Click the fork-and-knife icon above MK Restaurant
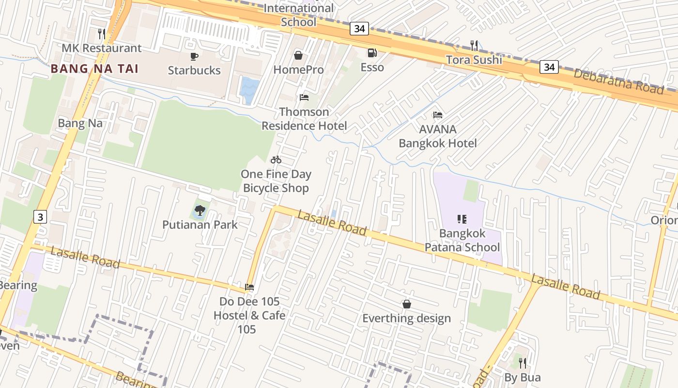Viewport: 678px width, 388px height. pyautogui.click(x=101, y=33)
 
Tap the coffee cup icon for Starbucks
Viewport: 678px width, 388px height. pyautogui.click(x=194, y=56)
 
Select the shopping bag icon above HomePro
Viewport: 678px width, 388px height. pyautogui.click(x=298, y=55)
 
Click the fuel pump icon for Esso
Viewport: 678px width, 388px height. pyautogui.click(x=372, y=53)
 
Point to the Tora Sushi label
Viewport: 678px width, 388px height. pyautogui.click(x=474, y=60)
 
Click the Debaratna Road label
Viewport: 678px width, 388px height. pyautogui.click(x=618, y=81)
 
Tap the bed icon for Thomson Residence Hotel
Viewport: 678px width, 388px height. pyautogui.click(x=304, y=97)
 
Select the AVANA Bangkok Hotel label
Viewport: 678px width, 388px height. pyautogui.click(x=438, y=136)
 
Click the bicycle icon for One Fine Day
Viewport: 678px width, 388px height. pyautogui.click(x=276, y=160)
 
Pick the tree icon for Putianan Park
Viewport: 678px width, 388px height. pyautogui.click(x=200, y=210)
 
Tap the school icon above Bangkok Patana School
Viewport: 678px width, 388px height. pyautogui.click(x=462, y=219)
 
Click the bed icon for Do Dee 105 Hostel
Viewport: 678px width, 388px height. pyautogui.click(x=249, y=287)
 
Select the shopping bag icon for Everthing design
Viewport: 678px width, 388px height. pyautogui.click(x=407, y=304)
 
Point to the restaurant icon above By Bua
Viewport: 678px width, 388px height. pyautogui.click(x=522, y=363)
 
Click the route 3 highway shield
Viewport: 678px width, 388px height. pyautogui.click(x=40, y=217)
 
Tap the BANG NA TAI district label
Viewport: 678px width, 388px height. pyautogui.click(x=94, y=68)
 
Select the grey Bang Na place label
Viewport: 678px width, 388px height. pyautogui.click(x=80, y=123)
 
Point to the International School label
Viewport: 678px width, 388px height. pyautogui.click(x=298, y=15)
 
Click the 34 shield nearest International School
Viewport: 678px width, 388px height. pyautogui.click(x=359, y=29)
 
